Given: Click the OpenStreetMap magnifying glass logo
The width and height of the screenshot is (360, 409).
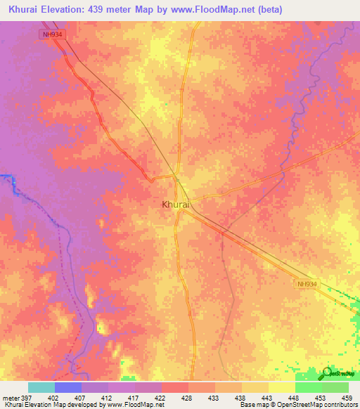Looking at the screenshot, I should [x=328, y=374].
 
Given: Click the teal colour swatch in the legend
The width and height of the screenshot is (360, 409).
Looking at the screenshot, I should [x=41, y=387].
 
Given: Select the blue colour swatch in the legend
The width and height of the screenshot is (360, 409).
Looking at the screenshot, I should [x=67, y=387].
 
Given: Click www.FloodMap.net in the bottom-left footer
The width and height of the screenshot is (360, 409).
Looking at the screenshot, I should [x=133, y=405].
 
